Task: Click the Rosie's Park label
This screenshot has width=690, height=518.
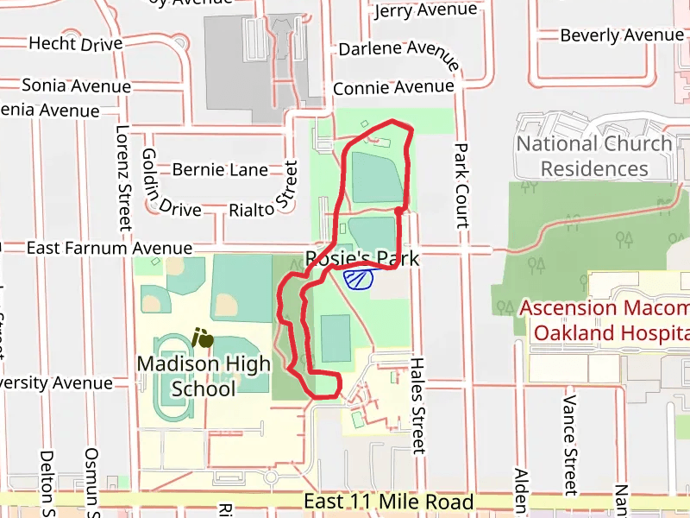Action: click(x=362, y=258)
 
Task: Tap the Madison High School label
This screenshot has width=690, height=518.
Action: click(x=204, y=376)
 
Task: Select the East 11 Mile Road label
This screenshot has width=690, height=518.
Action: click(x=389, y=502)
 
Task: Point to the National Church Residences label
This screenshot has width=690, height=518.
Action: click(x=594, y=155)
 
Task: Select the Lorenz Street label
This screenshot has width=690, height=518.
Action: click(x=122, y=177)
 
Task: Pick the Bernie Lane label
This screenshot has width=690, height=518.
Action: click(x=220, y=170)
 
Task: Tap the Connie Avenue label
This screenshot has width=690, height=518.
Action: click(x=393, y=88)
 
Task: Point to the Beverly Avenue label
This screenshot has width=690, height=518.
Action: click(x=622, y=35)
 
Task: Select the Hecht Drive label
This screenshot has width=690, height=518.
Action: click(x=76, y=43)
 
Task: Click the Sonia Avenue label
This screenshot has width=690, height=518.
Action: click(x=76, y=85)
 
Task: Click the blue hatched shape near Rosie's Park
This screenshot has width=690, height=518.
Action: click(x=358, y=278)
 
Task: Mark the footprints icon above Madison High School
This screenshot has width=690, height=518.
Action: click(x=203, y=338)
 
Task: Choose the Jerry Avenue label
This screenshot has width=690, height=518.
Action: click(x=425, y=11)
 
